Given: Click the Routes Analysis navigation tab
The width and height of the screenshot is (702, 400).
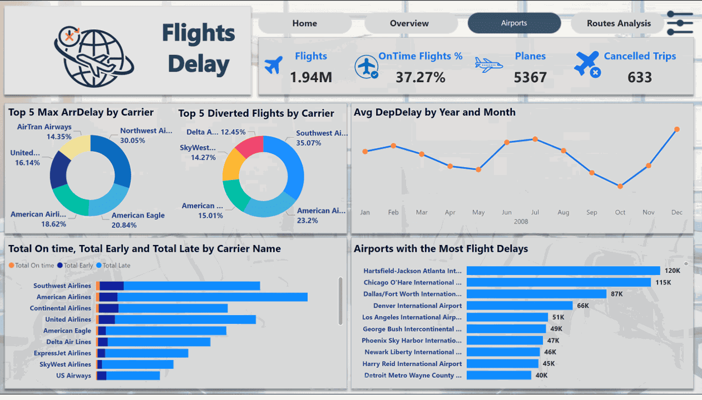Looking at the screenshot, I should click(x=619, y=23).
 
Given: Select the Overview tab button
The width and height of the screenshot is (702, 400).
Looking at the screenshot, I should click(x=409, y=23).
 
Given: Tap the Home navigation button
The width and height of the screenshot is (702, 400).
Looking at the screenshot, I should click(x=304, y=23).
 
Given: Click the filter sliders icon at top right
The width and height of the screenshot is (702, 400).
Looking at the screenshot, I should click(x=679, y=23).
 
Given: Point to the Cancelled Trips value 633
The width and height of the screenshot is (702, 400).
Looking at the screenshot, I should click(x=639, y=77).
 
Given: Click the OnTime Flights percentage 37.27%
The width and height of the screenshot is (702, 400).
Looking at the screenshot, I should click(x=420, y=77).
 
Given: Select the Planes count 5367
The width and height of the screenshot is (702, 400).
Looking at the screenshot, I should click(x=530, y=77).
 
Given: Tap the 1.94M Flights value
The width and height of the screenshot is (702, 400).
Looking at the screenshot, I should click(x=311, y=77).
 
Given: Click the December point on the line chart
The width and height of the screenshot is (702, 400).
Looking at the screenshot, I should click(x=677, y=129).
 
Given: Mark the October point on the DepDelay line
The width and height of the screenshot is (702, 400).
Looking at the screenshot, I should click(x=620, y=186).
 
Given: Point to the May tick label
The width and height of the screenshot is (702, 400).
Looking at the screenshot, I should click(x=478, y=212).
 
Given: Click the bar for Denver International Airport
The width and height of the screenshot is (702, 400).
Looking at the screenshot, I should click(x=520, y=306).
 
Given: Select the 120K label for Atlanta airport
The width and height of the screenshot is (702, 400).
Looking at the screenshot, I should click(x=673, y=271).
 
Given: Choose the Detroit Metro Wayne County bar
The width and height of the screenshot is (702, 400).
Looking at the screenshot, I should click(x=499, y=375).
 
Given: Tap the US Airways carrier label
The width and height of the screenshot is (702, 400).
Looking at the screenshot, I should click(x=73, y=376).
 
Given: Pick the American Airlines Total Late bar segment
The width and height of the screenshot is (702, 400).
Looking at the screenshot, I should click(x=212, y=297).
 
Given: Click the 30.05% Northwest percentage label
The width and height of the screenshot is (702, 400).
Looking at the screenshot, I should click(x=132, y=141).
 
